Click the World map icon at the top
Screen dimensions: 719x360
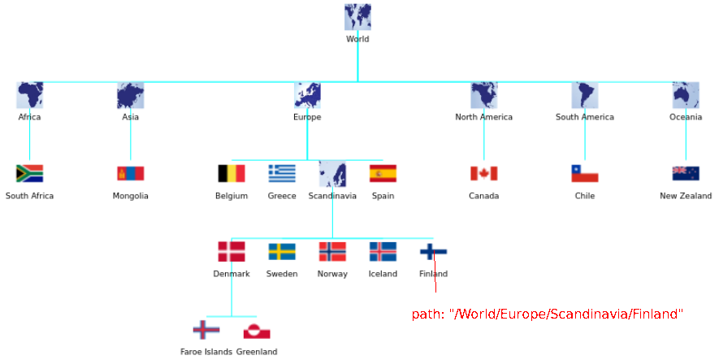pyautogui.click(x=357, y=17)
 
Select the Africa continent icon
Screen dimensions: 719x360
pyautogui.click(x=30, y=95)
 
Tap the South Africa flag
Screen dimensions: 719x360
pyautogui.click(x=30, y=173)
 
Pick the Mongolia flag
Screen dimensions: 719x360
pyautogui.click(x=131, y=173)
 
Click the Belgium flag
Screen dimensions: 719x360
pyautogui.click(x=232, y=173)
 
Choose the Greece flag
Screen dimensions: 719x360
pyautogui.click(x=282, y=173)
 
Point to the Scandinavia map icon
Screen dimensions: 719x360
pyautogui.click(x=332, y=173)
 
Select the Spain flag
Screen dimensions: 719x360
pyautogui.click(x=383, y=173)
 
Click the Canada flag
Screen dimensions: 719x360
pyautogui.click(x=483, y=173)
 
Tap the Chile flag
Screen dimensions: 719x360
pyautogui.click(x=585, y=173)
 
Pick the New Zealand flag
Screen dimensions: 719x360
pyautogui.click(x=686, y=173)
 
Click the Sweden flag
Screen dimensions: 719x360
pyautogui.click(x=282, y=252)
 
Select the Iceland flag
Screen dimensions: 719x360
pyautogui.click(x=383, y=252)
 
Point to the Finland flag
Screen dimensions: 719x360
pyautogui.click(x=433, y=252)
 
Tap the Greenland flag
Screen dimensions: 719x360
pyautogui.click(x=257, y=331)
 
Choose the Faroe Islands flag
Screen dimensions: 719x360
pyautogui.click(x=206, y=330)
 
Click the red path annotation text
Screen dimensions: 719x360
pyautogui.click(x=548, y=314)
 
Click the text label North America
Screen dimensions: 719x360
pyautogui.click(x=483, y=117)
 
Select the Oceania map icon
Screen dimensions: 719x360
pyautogui.click(x=686, y=95)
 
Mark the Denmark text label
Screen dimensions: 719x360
pyautogui.click(x=232, y=274)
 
